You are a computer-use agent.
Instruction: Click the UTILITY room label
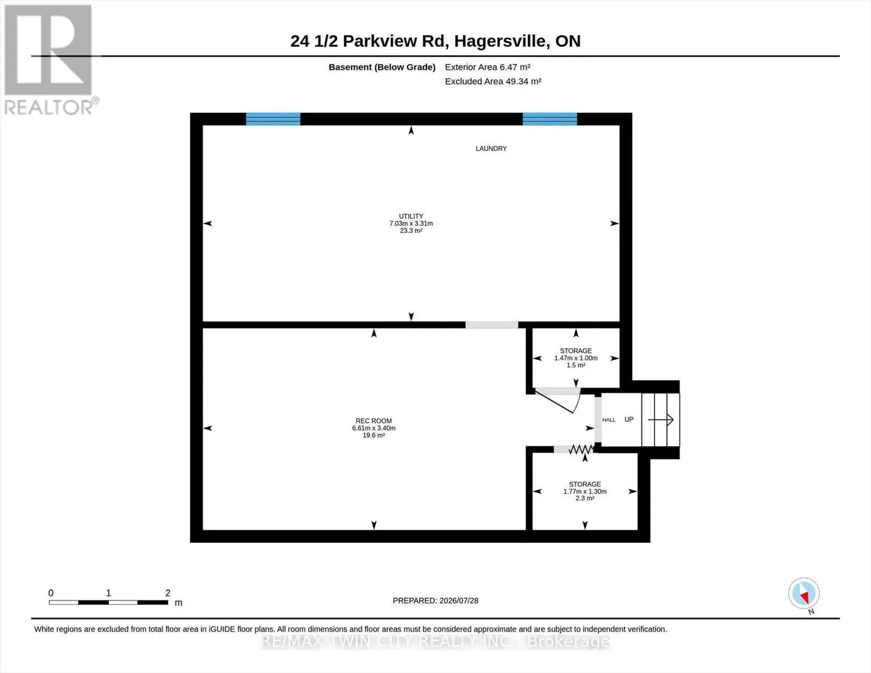[411, 216]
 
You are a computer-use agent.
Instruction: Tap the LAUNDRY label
[491, 148]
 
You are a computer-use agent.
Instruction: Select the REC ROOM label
[374, 421]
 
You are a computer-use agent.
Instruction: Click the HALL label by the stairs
[609, 420]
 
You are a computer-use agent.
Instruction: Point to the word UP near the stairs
[629, 420]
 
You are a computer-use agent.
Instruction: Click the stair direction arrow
[661, 420]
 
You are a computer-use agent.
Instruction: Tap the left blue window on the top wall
[273, 119]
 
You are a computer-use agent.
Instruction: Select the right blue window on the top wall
[550, 119]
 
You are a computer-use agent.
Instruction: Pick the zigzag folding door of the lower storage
[581, 449]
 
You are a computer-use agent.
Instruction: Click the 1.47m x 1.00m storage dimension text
[575, 358]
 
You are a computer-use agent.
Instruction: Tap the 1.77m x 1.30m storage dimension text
[585, 491]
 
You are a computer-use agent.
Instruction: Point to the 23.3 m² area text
[411, 231]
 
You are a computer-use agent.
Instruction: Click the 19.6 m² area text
[374, 435]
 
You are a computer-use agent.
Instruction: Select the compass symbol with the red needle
[804, 593]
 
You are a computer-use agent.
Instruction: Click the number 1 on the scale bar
[108, 593]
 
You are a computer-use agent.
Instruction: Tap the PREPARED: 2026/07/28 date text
[435, 601]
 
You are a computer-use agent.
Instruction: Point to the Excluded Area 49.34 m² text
[493, 81]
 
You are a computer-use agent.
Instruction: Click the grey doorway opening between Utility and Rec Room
[491, 325]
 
